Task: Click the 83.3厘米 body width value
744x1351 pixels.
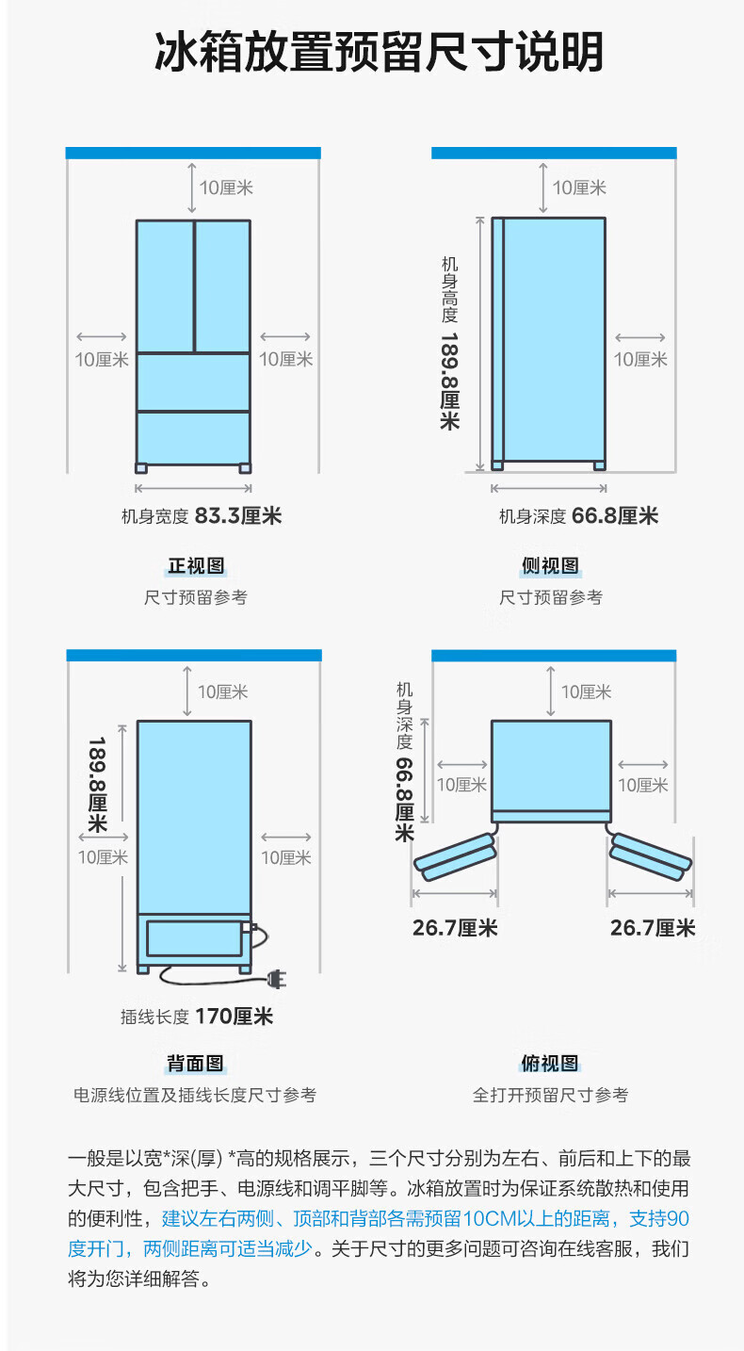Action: click(238, 515)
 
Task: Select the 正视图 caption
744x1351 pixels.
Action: click(196, 565)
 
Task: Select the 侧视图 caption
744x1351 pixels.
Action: click(550, 565)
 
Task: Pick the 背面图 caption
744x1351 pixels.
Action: click(195, 1064)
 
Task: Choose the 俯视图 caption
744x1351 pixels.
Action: click(550, 1064)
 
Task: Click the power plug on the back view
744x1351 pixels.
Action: click(274, 981)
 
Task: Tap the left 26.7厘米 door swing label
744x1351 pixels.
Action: click(455, 928)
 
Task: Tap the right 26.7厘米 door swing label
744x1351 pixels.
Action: click(653, 928)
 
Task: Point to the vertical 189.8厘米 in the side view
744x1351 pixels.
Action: click(449, 382)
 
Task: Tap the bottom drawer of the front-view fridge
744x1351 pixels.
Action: click(193, 437)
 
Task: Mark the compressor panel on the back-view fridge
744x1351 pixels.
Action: click(193, 938)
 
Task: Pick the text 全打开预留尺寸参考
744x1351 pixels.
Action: click(550, 1095)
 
